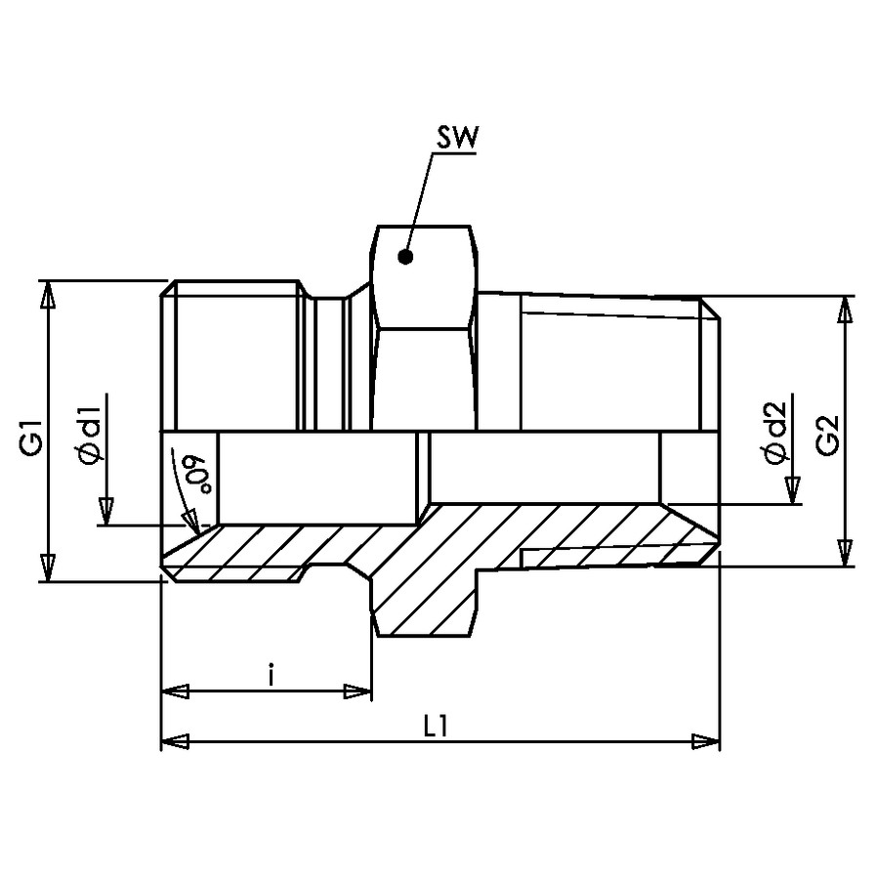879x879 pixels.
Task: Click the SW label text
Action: click(x=457, y=138)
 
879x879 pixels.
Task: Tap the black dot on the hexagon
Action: click(x=405, y=257)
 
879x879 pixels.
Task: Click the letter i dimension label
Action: click(x=271, y=676)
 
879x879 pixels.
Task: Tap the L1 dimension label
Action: click(x=435, y=728)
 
